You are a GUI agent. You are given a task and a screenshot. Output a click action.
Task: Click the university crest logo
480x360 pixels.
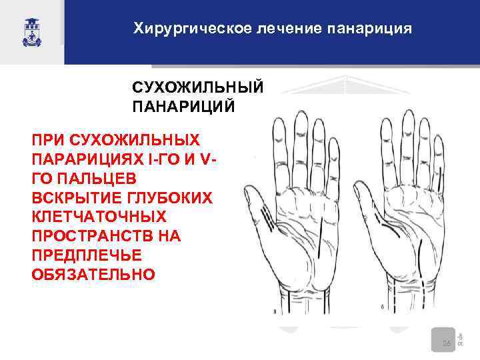click(x=32, y=31)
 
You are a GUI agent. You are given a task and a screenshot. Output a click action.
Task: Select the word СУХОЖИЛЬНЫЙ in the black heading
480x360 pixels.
click(x=197, y=88)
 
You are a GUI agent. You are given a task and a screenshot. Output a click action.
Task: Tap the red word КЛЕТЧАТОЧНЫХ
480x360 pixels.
click(x=99, y=217)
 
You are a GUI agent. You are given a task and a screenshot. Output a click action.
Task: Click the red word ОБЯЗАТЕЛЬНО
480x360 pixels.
click(x=93, y=275)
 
